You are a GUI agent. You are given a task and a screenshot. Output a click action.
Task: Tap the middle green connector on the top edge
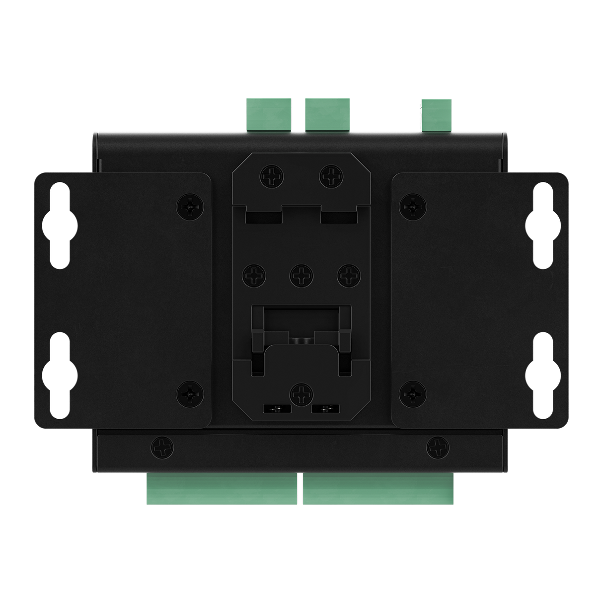pos(327,114)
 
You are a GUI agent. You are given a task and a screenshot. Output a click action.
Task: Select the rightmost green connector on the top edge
pos(437,115)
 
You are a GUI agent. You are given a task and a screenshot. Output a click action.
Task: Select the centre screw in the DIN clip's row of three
pos(300,274)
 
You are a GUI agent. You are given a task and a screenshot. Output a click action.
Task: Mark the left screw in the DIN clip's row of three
pos(253,274)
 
